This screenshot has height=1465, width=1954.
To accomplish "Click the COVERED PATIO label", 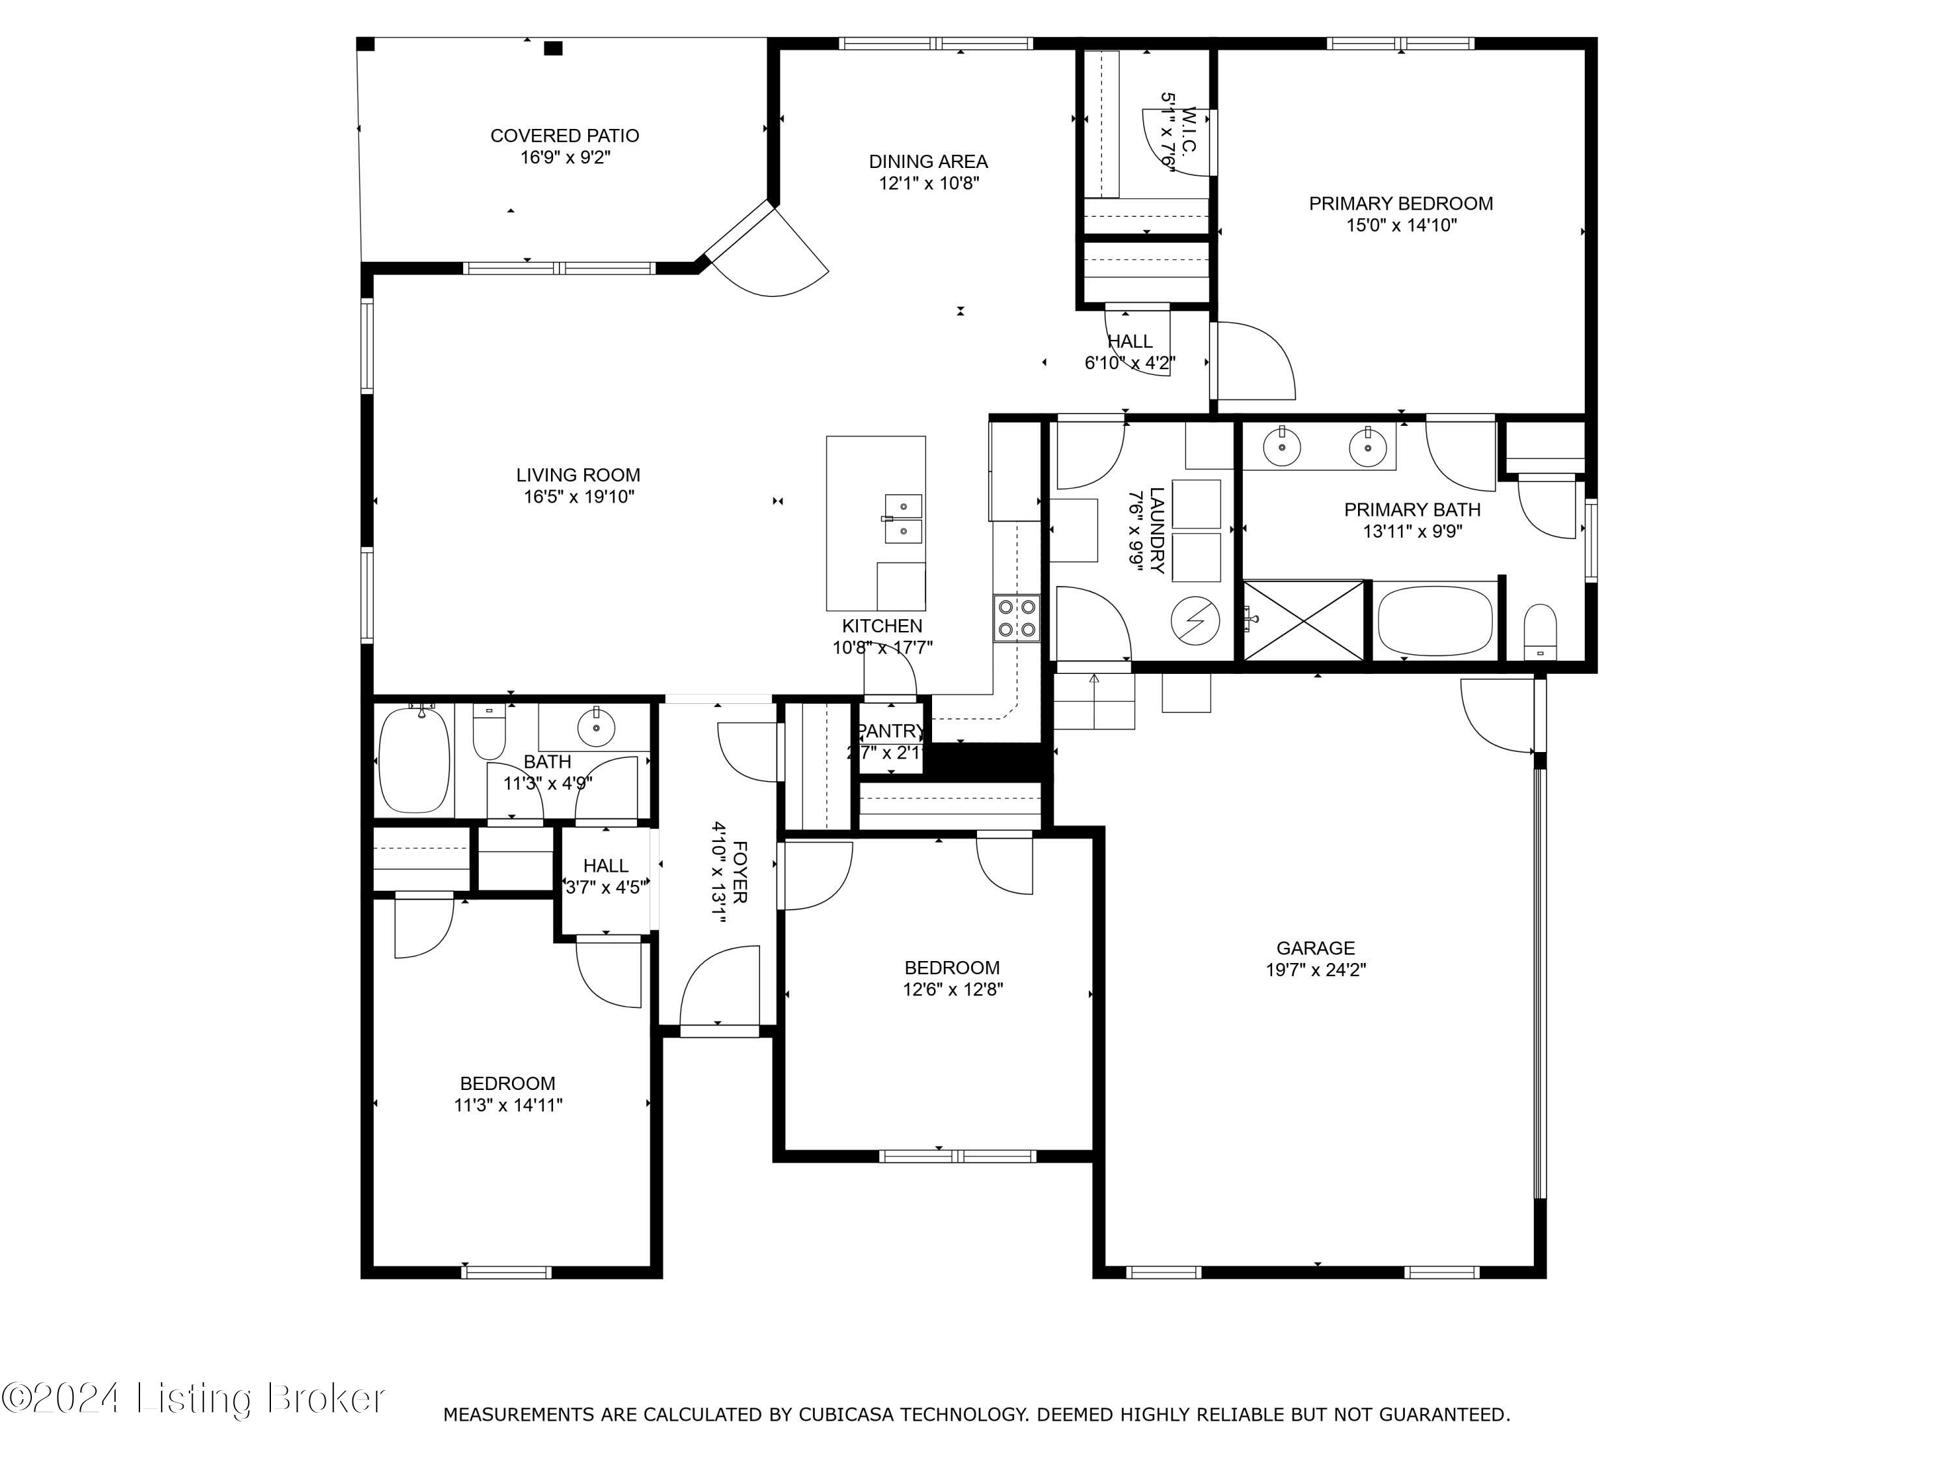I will pos(565,136).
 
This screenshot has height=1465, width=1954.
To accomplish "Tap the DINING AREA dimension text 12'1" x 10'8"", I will pos(928,184).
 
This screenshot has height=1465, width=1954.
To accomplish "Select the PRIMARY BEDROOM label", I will pos(1400,204).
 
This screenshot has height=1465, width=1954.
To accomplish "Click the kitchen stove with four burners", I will pos(1016,618).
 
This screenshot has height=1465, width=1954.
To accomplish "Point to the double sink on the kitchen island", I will pos(903,518).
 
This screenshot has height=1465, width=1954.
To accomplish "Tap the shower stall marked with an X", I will pos(1304,620).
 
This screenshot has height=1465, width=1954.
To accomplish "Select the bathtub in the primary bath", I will pos(1435,620).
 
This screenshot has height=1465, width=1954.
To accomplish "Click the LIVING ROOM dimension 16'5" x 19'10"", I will pos(578,497).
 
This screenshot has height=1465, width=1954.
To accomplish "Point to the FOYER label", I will pos(741,872).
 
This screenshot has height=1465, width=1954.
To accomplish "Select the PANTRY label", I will pos(890,731).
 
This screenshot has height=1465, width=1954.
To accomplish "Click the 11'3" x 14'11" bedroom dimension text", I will pos(508,1105).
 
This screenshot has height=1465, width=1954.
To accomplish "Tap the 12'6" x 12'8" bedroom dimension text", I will pos(952,989).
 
